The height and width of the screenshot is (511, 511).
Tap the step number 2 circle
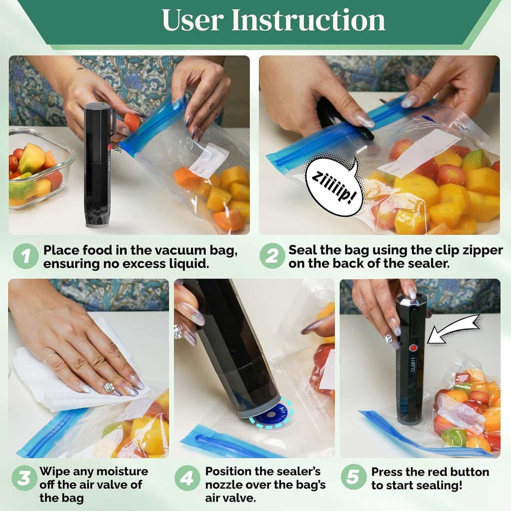coord(272,257)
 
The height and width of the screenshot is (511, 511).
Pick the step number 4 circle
coord(187,478)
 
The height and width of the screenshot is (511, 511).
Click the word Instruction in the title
coord(308,20)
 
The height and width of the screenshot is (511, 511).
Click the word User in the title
coord(192,20)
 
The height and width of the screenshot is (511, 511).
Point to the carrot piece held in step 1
coord(132,122)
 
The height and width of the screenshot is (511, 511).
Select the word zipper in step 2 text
coord(479,251)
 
